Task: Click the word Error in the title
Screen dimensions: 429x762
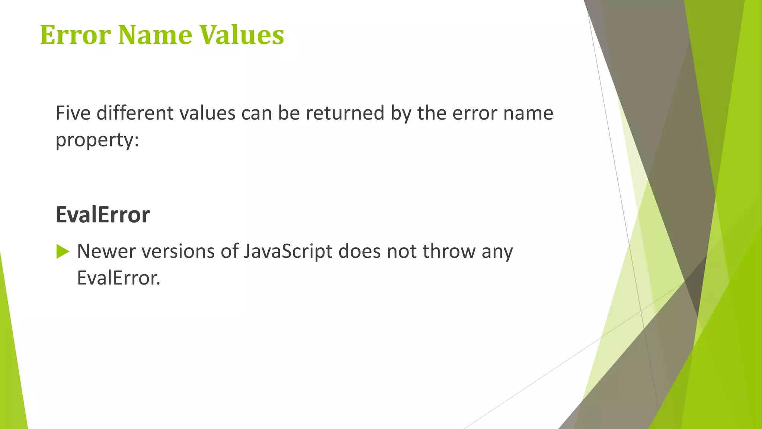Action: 75,35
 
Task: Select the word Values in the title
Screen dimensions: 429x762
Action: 241,35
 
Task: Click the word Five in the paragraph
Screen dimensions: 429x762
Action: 73,113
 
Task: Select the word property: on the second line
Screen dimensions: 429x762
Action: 97,140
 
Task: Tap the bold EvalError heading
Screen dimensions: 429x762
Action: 103,215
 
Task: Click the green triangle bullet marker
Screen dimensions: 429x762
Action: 63,252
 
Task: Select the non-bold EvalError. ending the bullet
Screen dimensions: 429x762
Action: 118,278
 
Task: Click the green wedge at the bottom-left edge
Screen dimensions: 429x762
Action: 11,372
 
